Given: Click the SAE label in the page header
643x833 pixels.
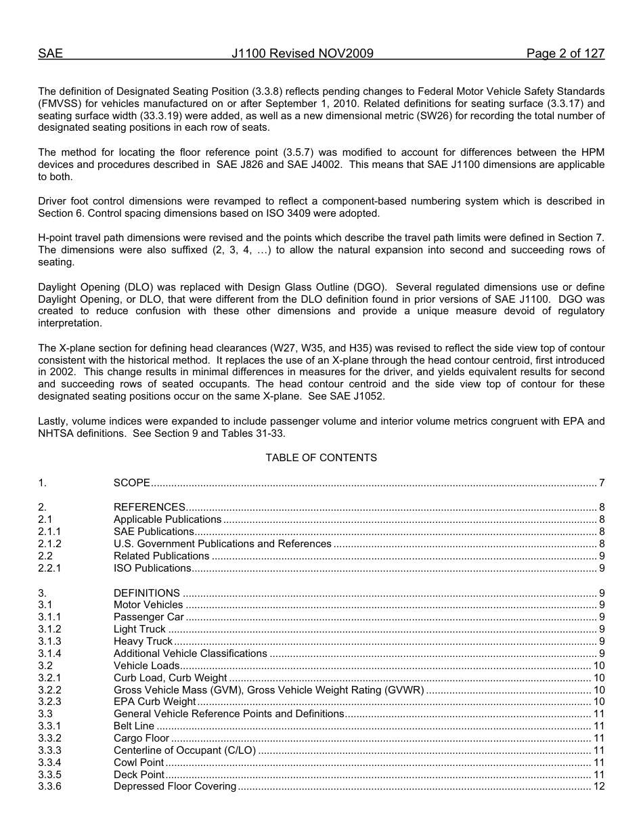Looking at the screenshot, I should pos(50,54).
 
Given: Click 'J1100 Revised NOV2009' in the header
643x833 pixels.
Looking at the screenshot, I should pos(302,54).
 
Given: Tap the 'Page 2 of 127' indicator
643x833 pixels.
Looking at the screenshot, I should pos(565,54).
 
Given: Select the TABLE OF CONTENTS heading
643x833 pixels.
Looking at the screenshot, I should pos(321,458).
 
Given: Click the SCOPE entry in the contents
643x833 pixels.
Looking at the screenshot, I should pos(132,483).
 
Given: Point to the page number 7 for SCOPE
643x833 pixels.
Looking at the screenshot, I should pos(601,483).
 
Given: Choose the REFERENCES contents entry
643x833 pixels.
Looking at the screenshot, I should pos(150,507).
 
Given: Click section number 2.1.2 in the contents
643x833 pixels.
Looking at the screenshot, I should pos(49,544).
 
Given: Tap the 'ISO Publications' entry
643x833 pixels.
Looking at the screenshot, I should pos(152,568).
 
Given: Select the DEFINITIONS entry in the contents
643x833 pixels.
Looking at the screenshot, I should pos(147,593).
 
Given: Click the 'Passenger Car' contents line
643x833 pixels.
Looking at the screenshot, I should pos(149,617).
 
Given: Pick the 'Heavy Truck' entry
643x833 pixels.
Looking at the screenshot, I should pos(143,641).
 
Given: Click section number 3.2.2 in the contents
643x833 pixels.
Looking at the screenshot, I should pos(49,690).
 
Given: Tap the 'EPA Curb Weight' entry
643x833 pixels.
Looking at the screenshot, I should pos(155,702).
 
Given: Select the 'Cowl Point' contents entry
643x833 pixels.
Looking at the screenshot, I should pos(139,763).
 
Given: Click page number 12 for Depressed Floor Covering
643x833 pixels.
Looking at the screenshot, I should pos(598,787).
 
